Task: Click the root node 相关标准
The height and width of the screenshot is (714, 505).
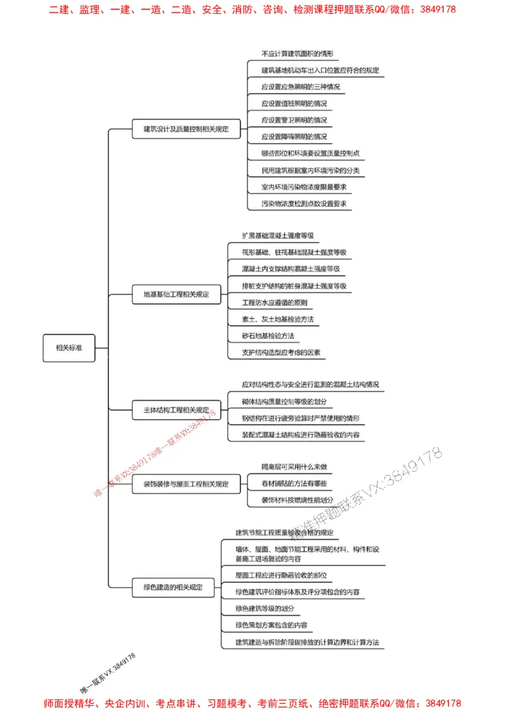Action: pyautogui.click(x=69, y=348)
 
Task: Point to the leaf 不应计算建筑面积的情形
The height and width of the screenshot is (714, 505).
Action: pyautogui.click(x=297, y=54)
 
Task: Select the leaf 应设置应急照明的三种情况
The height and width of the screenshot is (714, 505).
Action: pyautogui.click(x=300, y=86)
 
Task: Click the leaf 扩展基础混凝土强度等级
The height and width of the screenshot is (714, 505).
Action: pyautogui.click(x=277, y=235)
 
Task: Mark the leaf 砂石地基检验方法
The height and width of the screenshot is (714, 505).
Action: pyautogui.click(x=268, y=336)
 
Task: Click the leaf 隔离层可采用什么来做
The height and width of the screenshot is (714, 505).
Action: pyautogui.click(x=294, y=467)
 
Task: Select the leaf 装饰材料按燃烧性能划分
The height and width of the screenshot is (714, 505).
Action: pyautogui.click(x=297, y=500)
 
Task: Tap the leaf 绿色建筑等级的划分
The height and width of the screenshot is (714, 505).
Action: pyautogui.click(x=264, y=609)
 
